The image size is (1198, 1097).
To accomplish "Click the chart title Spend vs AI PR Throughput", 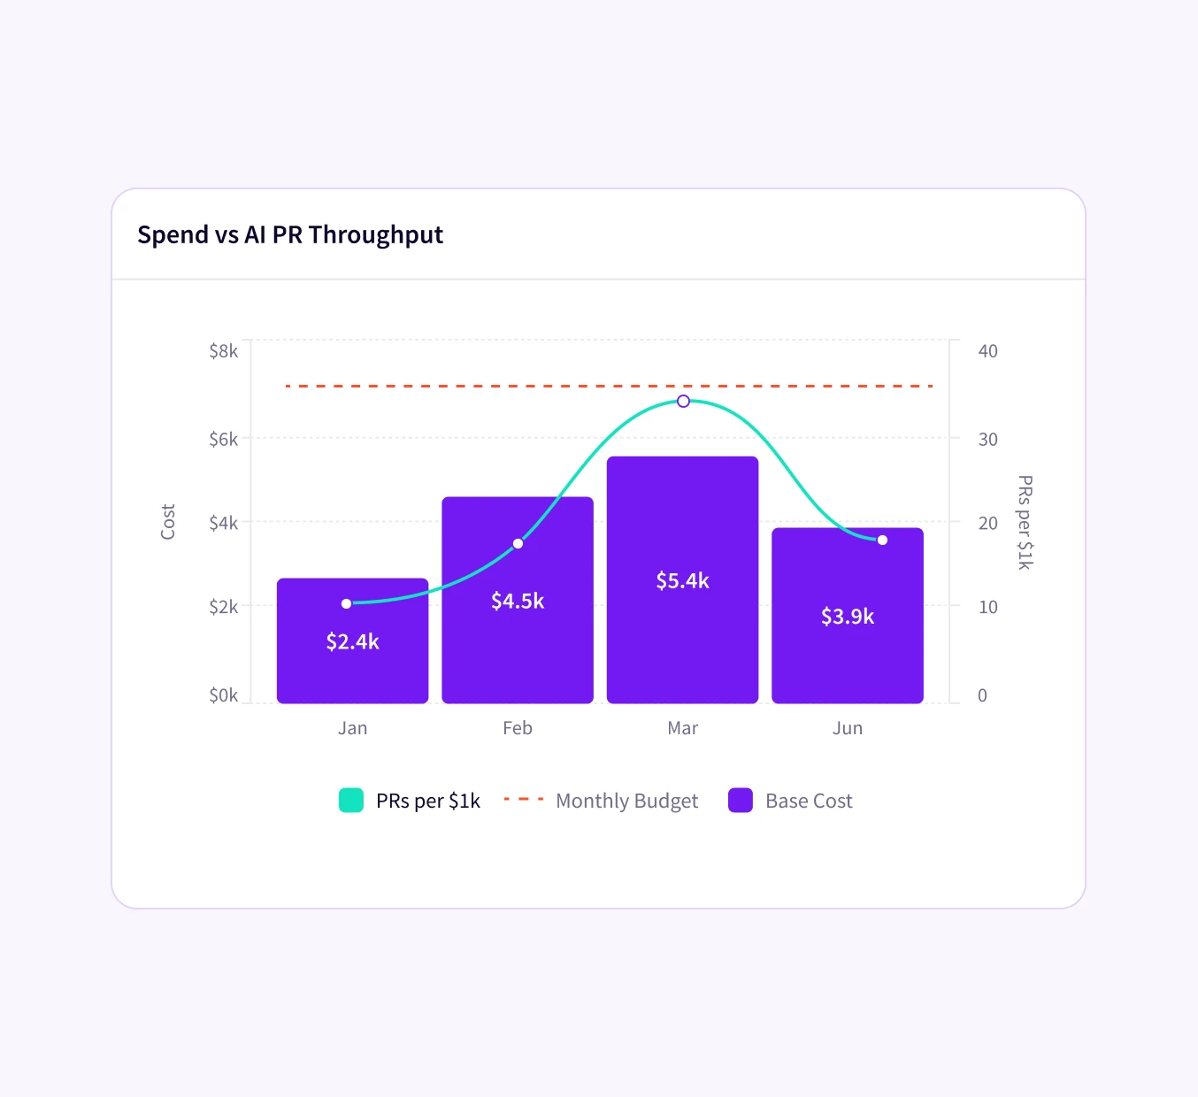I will click(290, 234).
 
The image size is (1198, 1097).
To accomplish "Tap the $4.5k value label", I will click(518, 602).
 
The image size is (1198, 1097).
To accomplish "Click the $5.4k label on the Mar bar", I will click(682, 581).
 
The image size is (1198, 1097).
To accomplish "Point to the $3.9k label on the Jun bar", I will click(847, 617).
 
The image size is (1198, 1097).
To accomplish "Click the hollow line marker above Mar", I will click(683, 402).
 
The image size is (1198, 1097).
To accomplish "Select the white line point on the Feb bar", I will click(518, 543).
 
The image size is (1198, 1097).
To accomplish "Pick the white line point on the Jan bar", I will click(346, 604).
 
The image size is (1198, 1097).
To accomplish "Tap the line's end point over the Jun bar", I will click(882, 540).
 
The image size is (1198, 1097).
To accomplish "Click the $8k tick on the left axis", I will click(223, 351).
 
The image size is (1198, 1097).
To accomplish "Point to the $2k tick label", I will click(223, 607).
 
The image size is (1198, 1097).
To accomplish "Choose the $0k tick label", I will click(223, 695).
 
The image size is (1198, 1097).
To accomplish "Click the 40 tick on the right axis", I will click(987, 351).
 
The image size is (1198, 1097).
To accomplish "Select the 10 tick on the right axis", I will click(987, 607).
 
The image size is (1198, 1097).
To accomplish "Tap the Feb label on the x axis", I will click(518, 728).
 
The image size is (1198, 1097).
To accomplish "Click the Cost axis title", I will click(168, 522).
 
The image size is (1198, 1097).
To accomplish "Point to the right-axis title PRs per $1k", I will click(1025, 522).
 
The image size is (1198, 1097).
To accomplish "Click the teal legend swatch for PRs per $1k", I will click(351, 801).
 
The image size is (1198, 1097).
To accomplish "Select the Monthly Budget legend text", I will click(626, 801).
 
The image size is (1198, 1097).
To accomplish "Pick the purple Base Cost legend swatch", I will click(741, 801).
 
